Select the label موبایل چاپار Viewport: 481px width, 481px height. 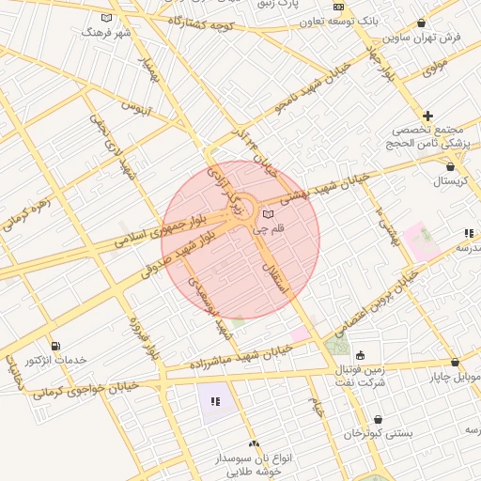tap(456, 377)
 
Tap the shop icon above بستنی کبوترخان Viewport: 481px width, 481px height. tap(378, 420)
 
